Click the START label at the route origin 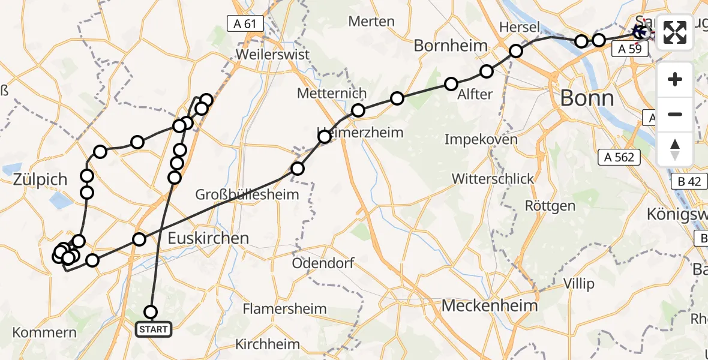[x=154, y=329]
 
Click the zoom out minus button [x=675, y=114]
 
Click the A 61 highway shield [x=245, y=24]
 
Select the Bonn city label [x=587, y=98]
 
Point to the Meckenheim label [x=490, y=305]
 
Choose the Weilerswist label [x=273, y=54]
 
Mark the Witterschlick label [x=493, y=178]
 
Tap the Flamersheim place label [x=285, y=309]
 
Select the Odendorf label [x=323, y=263]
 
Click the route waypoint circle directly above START [x=151, y=311]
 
